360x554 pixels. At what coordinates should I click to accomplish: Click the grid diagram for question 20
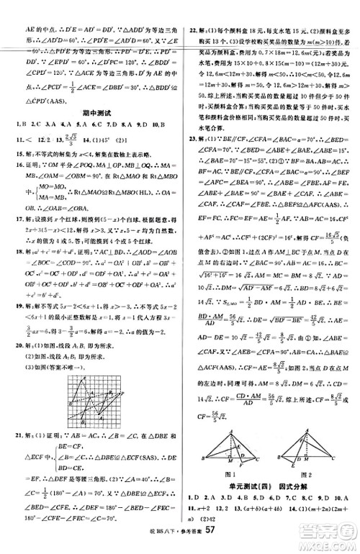95,371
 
